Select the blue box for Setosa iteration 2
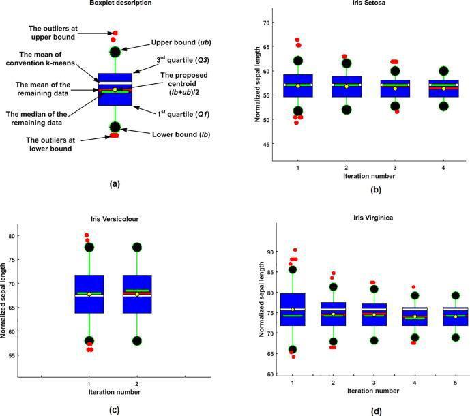[x=347, y=87]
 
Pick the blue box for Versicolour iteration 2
[x=137, y=294]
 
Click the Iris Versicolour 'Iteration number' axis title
[x=113, y=392]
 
